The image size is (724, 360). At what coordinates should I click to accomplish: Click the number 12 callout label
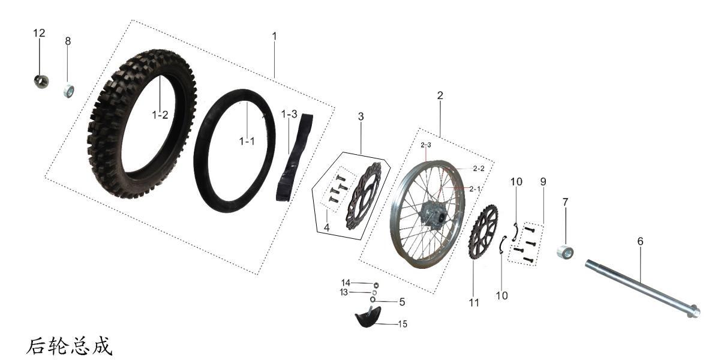pyautogui.click(x=39, y=33)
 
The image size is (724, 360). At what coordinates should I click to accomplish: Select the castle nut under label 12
pyautogui.click(x=41, y=80)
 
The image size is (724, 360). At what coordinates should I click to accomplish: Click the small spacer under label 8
pyautogui.click(x=69, y=91)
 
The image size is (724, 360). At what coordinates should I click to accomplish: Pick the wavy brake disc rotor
pyautogui.click(x=363, y=195)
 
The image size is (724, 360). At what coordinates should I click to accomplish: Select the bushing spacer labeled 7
pyautogui.click(x=564, y=251)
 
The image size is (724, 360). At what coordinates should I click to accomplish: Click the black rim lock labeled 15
pyautogui.click(x=368, y=318)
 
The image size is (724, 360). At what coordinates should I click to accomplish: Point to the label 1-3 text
pyautogui.click(x=289, y=114)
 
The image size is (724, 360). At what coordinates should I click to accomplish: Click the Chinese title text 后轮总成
pyautogui.click(x=69, y=346)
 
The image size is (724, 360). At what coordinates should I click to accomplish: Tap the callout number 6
pyautogui.click(x=640, y=241)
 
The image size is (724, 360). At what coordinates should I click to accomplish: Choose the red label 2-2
pyautogui.click(x=478, y=169)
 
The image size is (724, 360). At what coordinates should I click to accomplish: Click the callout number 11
pyautogui.click(x=474, y=303)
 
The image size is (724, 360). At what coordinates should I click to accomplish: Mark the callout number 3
pyautogui.click(x=361, y=116)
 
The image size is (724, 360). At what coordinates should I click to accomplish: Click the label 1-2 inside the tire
pyautogui.click(x=160, y=115)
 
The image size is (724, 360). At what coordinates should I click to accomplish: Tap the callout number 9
pyautogui.click(x=542, y=181)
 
